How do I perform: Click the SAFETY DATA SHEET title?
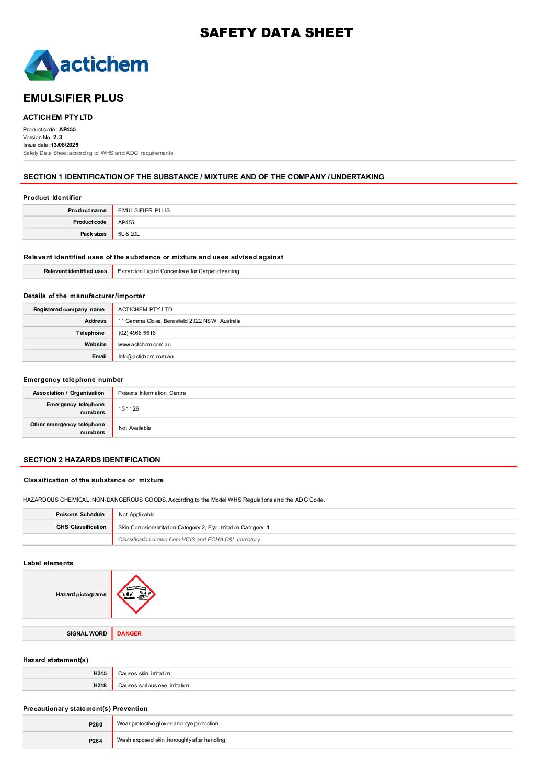click(x=276, y=33)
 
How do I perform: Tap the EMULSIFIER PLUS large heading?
click(x=74, y=98)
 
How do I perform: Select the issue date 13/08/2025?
click(x=64, y=145)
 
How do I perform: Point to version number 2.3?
click(x=57, y=138)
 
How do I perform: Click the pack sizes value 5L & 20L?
click(x=129, y=234)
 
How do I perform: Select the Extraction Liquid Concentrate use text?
click(x=178, y=271)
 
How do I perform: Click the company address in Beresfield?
click(x=179, y=321)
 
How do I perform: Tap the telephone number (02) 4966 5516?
click(x=137, y=333)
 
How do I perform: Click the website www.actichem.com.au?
click(x=144, y=345)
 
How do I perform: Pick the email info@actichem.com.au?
click(x=146, y=357)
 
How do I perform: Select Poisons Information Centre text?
click(x=152, y=393)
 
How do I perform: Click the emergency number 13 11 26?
click(x=129, y=409)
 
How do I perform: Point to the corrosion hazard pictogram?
click(x=136, y=594)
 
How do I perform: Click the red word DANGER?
click(x=129, y=634)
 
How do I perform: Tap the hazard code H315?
click(x=100, y=674)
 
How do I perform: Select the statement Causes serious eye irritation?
click(x=154, y=686)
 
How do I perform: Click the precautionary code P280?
click(x=96, y=725)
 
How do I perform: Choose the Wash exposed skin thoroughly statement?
click(x=172, y=740)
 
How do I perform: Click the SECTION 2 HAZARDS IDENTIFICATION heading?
click(x=92, y=460)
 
